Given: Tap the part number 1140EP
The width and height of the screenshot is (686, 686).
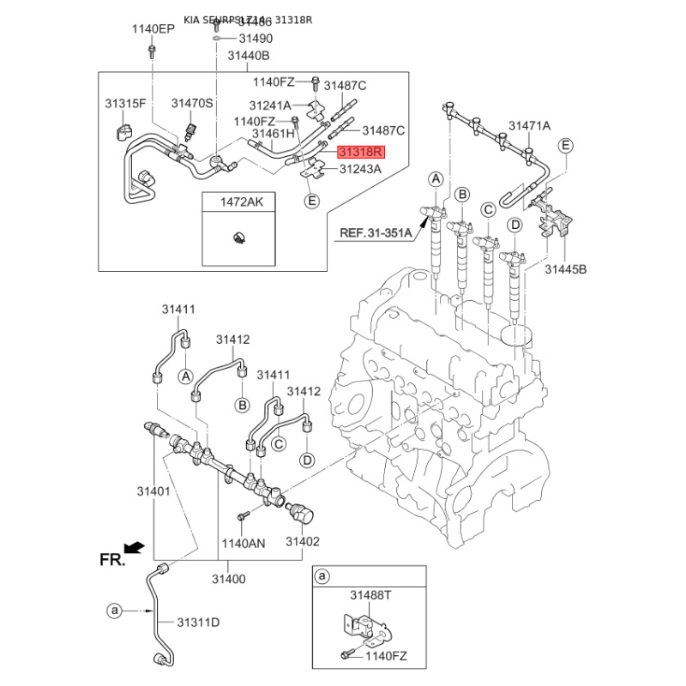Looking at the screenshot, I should click(153, 29).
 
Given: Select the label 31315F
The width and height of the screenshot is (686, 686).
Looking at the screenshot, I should click(126, 104).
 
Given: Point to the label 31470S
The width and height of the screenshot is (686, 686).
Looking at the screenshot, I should click(191, 104).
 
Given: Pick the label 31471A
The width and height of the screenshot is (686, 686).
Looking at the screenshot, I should click(529, 126).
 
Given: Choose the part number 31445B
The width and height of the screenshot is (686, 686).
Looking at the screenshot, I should click(566, 269).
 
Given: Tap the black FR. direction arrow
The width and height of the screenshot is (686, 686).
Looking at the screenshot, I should click(133, 546).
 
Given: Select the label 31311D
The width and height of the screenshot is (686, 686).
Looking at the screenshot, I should click(199, 621).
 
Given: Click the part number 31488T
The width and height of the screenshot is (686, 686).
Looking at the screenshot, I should click(370, 594).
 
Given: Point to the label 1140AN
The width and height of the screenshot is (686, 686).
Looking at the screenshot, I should click(244, 543).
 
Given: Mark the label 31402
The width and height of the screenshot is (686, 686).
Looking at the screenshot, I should click(302, 542).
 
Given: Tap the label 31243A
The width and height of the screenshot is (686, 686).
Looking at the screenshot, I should click(360, 169).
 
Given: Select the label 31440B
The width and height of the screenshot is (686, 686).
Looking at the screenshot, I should click(249, 56).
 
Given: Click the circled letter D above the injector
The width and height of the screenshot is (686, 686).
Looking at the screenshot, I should click(514, 226).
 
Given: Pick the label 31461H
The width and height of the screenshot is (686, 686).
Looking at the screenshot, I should click(273, 134).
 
